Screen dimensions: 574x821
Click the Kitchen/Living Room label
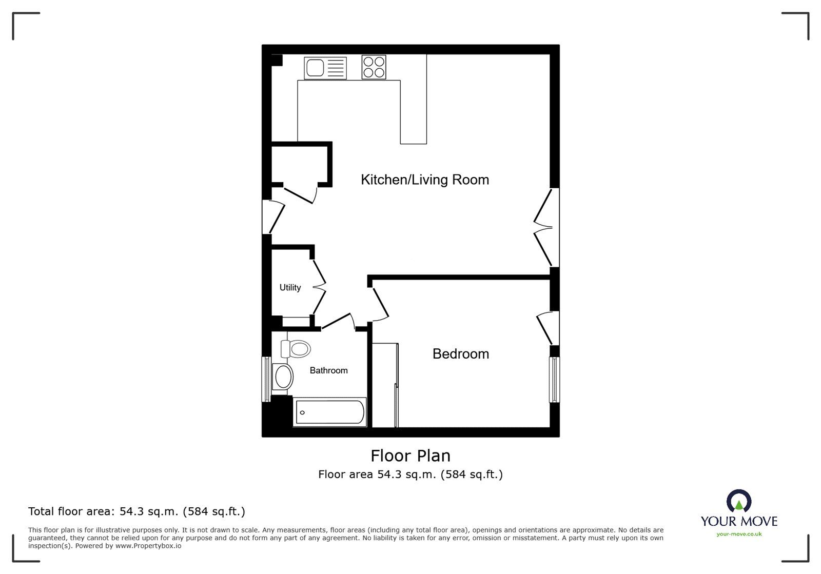(x=424, y=180)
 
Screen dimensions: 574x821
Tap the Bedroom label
(x=460, y=353)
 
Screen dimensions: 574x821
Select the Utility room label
(x=290, y=287)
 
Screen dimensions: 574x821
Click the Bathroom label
(x=328, y=370)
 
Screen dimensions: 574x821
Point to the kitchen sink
(x=325, y=68)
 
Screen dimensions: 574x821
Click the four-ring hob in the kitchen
(x=374, y=67)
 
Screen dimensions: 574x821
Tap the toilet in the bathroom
(x=296, y=349)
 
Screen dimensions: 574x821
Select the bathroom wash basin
(x=282, y=377)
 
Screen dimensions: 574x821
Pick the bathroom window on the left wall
(x=266, y=379)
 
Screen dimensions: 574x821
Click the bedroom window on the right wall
(x=554, y=380)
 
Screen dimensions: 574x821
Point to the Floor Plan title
(x=411, y=456)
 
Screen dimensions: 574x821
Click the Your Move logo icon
(x=739, y=501)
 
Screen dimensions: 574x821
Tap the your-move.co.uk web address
(x=739, y=535)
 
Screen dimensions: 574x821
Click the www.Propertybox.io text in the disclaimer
(x=148, y=546)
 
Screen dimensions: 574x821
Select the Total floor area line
(x=136, y=511)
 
